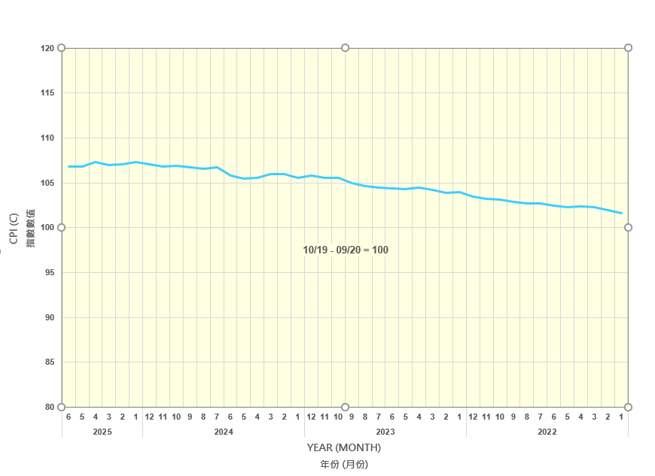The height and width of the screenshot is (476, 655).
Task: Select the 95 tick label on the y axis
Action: coord(49,272)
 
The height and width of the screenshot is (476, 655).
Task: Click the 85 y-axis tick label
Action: coord(49,362)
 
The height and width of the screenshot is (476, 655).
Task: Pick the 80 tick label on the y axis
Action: coord(49,408)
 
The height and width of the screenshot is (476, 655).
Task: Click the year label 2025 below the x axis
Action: coord(102,432)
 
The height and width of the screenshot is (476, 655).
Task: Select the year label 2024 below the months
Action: coord(224,432)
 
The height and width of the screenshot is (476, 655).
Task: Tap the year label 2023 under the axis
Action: coord(385,432)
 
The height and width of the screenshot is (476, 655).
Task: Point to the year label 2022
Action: coord(547,432)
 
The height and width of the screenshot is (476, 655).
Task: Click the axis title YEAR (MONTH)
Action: coord(344,448)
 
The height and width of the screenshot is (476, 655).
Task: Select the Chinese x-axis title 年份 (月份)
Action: coord(344,465)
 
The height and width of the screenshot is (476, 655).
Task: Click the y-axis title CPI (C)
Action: coord(14,229)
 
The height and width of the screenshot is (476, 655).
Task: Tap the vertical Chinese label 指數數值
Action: coord(31,229)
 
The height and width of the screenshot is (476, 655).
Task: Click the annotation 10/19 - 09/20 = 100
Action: coord(346,250)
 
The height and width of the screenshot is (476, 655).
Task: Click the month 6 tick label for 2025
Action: coord(69,417)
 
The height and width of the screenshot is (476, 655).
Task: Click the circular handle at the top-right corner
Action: coord(628,48)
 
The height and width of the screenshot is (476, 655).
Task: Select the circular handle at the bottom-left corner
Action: coord(62,408)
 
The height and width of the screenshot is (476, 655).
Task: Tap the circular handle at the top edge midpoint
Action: coord(345,48)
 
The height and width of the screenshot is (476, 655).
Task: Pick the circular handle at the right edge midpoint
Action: coord(628,227)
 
